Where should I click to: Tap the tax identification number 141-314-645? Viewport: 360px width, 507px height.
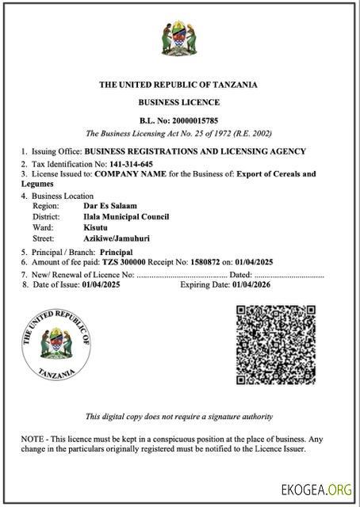[x=132, y=163]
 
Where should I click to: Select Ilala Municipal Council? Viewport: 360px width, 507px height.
[x=126, y=216]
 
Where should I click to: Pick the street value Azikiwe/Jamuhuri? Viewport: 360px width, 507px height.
[x=117, y=238]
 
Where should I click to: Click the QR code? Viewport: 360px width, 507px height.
[x=277, y=345]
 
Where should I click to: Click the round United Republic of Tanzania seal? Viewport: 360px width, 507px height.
[x=57, y=345]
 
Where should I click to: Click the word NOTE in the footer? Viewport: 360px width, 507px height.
[x=33, y=438]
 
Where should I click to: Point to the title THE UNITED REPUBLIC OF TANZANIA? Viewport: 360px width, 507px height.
[x=178, y=85]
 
